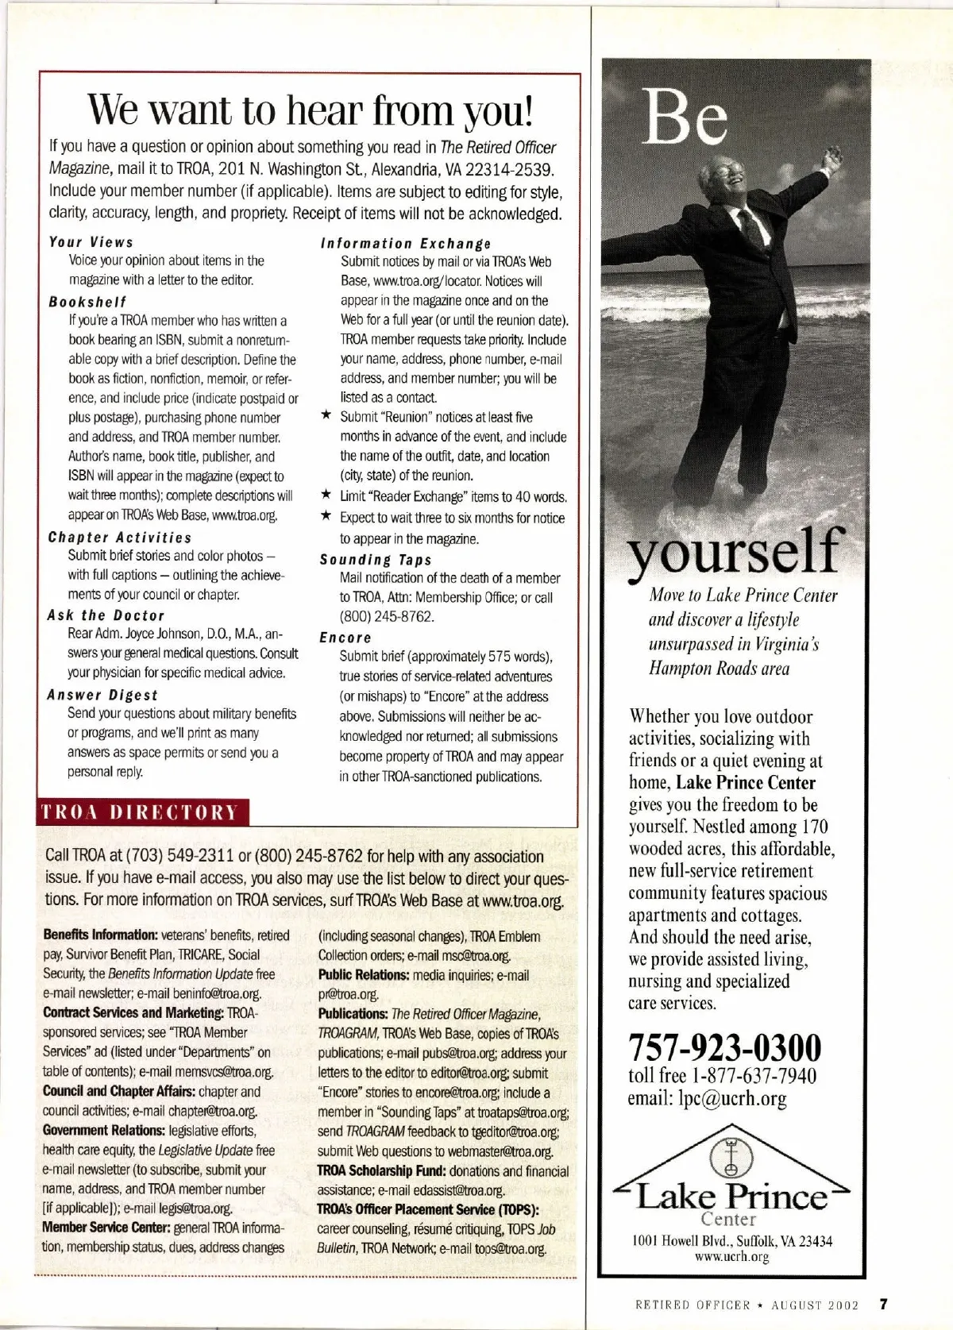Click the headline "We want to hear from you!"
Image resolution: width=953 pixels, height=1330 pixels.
(310, 111)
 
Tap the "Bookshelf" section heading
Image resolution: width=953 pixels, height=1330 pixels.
(87, 302)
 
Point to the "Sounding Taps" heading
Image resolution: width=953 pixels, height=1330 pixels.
(376, 560)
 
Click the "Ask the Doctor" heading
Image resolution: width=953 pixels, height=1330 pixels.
(106, 615)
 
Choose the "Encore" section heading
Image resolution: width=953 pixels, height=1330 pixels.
(345, 638)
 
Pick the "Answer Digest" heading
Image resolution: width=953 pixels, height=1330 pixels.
(102, 695)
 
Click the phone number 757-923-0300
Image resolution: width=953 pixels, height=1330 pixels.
(725, 1047)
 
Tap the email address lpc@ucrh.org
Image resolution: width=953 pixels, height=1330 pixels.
(708, 1099)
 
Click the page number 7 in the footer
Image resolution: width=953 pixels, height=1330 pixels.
(882, 1303)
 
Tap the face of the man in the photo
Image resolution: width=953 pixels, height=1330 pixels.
(731, 175)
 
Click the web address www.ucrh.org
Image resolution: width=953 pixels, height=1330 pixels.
(731, 1256)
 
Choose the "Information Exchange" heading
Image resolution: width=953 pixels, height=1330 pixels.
(405, 244)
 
